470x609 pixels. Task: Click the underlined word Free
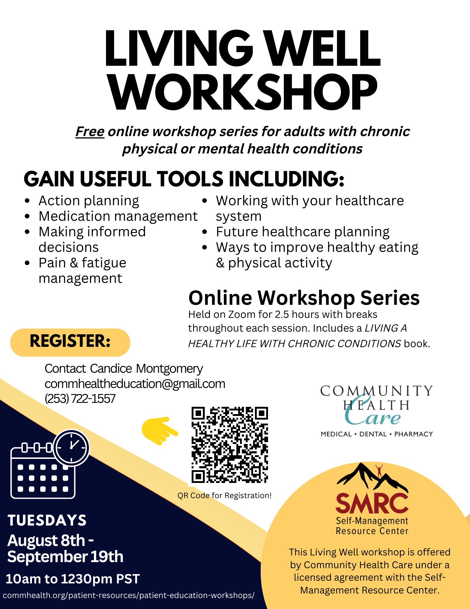point(90,132)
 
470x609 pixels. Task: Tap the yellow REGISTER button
point(70,342)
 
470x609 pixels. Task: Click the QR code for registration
point(230,445)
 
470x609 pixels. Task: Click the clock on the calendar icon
point(72,448)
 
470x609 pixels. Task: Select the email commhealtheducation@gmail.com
point(135,384)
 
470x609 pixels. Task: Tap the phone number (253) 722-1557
point(80,399)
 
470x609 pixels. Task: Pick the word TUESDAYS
point(47,520)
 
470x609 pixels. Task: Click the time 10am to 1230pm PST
point(73,579)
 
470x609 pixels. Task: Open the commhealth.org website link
point(129,595)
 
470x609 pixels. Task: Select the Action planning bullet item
point(89,201)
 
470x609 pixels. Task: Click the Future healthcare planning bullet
point(303,232)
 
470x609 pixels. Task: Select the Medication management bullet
point(118,216)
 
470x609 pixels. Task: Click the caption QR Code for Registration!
point(225,495)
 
